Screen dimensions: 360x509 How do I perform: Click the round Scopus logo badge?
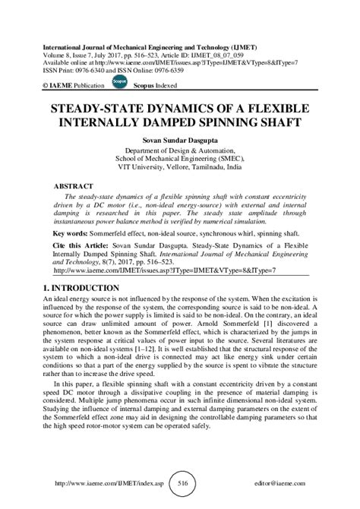pyautogui.click(x=119, y=80)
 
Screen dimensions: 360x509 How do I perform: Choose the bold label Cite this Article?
pyautogui.click(x=83, y=248)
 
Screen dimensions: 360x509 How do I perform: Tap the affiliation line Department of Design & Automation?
pyautogui.click(x=180, y=151)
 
